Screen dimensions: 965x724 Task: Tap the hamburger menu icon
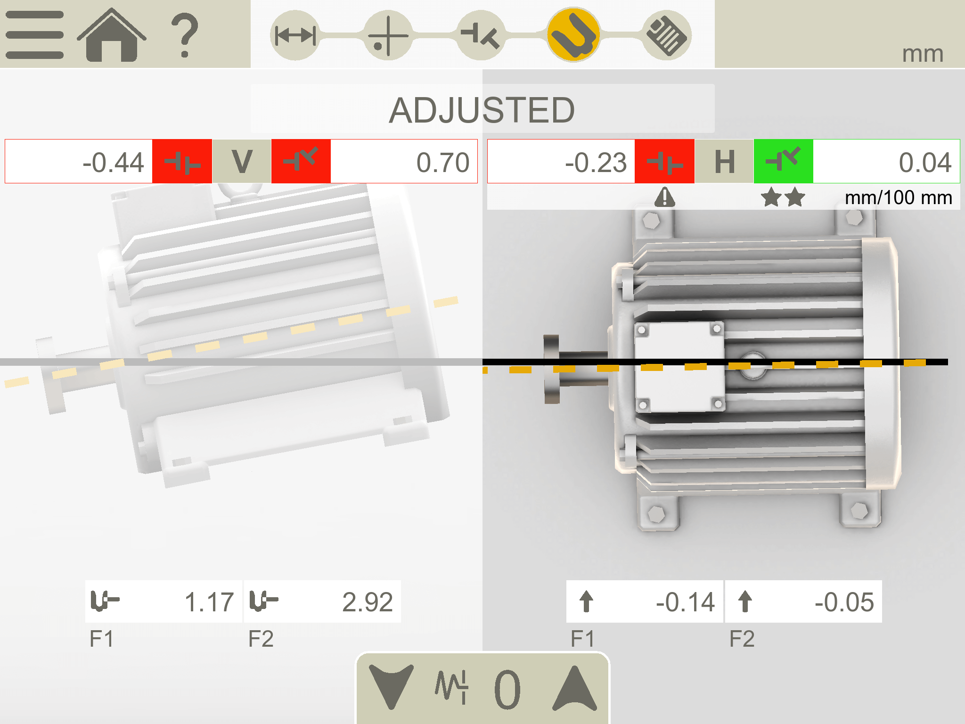pyautogui.click(x=34, y=35)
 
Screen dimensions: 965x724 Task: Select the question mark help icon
pyautogui.click(x=184, y=35)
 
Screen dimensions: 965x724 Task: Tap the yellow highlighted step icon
pyautogui.click(x=573, y=34)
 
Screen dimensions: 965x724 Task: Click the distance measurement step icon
pyautogui.click(x=295, y=35)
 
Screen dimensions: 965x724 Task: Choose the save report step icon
pyautogui.click(x=666, y=35)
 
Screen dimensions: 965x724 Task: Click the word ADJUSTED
pyautogui.click(x=482, y=110)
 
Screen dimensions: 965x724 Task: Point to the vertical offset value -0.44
pyautogui.click(x=113, y=163)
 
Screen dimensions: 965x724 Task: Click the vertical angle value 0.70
pyautogui.click(x=443, y=163)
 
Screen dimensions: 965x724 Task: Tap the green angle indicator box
pyautogui.click(x=783, y=161)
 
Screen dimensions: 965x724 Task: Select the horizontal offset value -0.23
pyautogui.click(x=596, y=163)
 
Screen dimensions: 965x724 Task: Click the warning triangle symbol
pyautogui.click(x=665, y=197)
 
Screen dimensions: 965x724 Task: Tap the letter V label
pyautogui.click(x=242, y=161)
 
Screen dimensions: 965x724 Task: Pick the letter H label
pyautogui.click(x=725, y=162)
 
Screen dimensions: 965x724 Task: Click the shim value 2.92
pyautogui.click(x=368, y=602)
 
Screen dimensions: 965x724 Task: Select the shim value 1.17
pyautogui.click(x=209, y=602)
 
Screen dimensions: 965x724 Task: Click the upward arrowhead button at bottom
pyautogui.click(x=575, y=688)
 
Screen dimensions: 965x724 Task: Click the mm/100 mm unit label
pyautogui.click(x=899, y=197)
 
